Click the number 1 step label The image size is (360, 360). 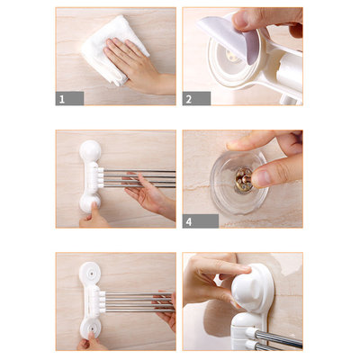tap(62, 99)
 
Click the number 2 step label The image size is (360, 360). tap(189, 99)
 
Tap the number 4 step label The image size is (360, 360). tap(189, 221)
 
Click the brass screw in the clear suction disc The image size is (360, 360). tap(244, 180)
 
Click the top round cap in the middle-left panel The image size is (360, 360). tap(90, 151)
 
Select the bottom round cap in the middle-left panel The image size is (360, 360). tap(90, 203)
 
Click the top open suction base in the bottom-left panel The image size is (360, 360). tap(90, 274)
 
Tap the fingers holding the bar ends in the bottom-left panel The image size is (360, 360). tap(165, 309)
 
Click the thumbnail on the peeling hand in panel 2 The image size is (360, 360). tap(241, 20)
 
